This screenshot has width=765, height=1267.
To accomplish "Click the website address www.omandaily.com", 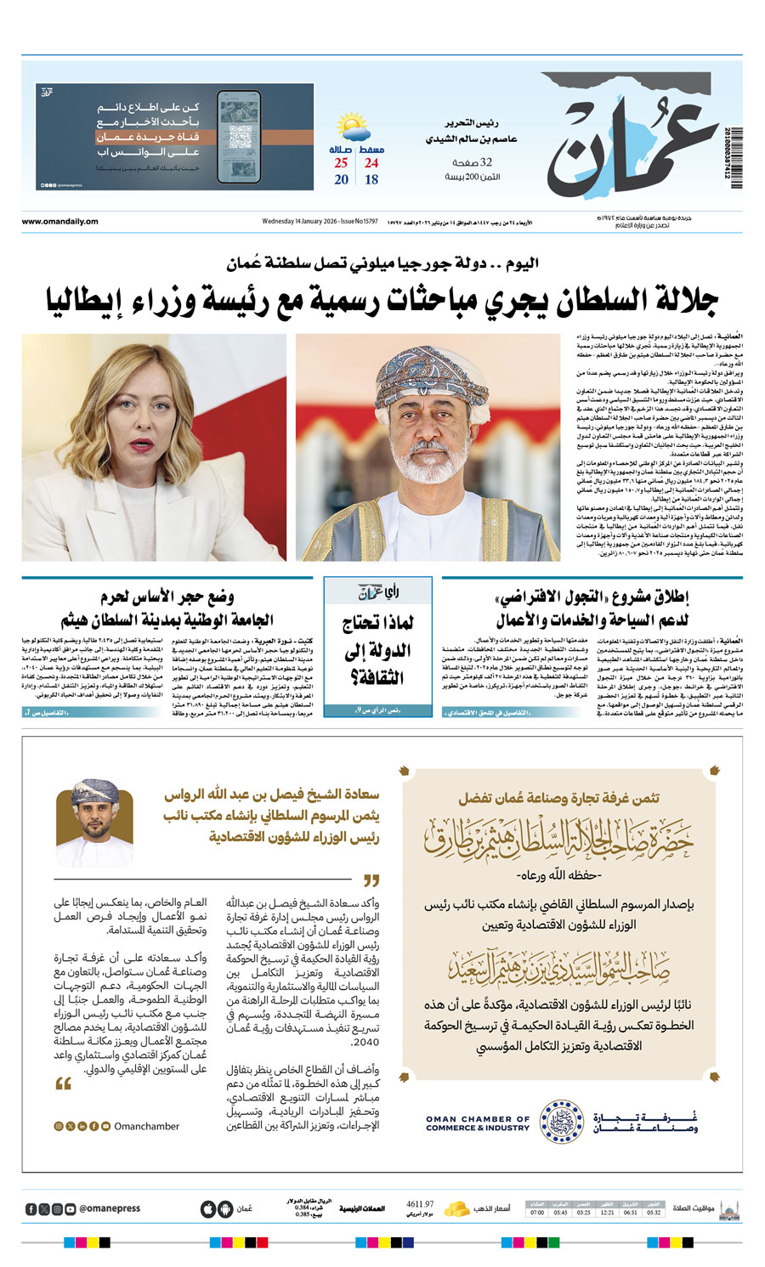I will coord(59,222).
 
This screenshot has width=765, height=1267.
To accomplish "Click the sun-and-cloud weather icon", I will coord(353,128).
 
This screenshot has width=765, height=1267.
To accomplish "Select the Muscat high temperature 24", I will coord(371,163).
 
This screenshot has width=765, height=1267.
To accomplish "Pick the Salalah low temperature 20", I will coord(341,180).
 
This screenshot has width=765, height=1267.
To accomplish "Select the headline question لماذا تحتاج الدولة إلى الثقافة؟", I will coord(378,650).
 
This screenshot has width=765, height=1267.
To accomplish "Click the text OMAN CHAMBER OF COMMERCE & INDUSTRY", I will coord(477,1123).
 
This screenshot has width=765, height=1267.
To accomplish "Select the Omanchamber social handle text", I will coord(146,1126).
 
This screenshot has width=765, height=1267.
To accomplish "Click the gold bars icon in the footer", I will coord(457,1208).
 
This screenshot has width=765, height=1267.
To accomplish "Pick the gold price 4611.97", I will coord(420,1204).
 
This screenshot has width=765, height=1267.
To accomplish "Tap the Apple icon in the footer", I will coord(207,1209).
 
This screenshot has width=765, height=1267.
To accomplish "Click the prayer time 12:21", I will coord(607,1213).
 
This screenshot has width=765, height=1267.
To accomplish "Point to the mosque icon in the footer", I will coord(728,1208).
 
